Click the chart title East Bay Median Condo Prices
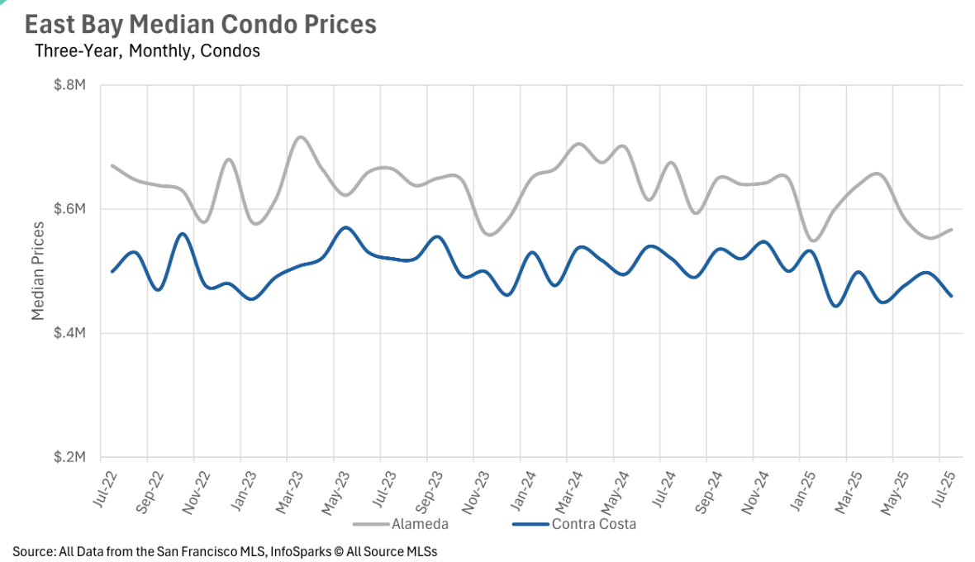click(x=200, y=25)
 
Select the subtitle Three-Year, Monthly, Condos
click(x=148, y=51)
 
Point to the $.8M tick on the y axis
click(x=70, y=86)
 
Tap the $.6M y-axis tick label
click(x=70, y=210)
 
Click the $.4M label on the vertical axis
click(x=70, y=334)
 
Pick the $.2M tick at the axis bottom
click(x=70, y=458)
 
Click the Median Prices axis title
click(x=38, y=271)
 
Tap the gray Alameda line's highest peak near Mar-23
click(x=300, y=136)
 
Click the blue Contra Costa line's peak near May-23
click(x=345, y=227)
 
